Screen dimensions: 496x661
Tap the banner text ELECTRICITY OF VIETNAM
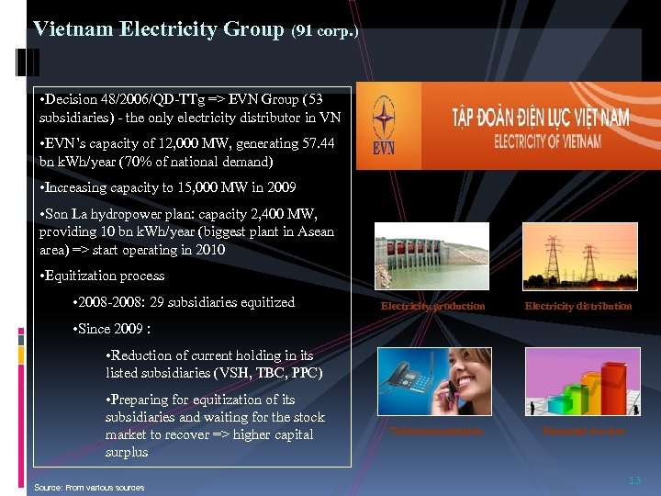548,141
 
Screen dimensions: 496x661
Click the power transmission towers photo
578,256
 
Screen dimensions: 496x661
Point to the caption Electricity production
432,306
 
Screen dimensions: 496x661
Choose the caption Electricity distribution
578,306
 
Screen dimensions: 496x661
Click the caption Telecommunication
435,430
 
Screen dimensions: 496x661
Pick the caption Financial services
583,430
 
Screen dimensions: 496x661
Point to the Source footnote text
89,487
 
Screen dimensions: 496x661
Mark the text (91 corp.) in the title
325,31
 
